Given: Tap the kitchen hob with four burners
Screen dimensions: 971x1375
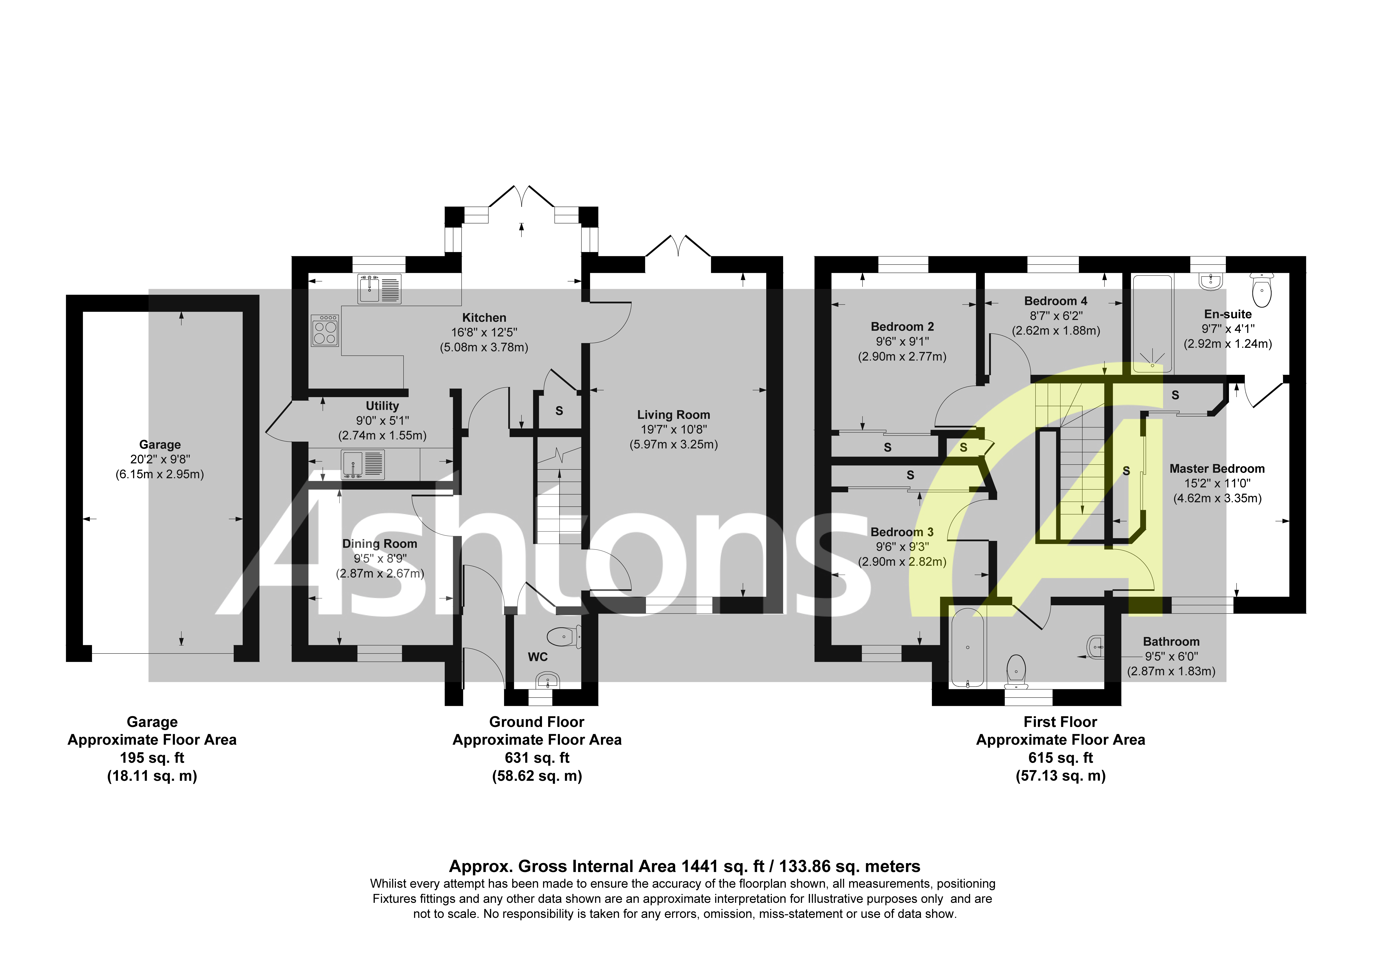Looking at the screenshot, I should (325, 330).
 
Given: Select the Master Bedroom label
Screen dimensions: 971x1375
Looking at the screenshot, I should (1217, 469).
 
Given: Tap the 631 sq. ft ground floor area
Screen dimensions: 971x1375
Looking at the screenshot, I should (537, 758).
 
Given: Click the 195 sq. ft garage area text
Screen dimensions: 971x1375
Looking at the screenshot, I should (152, 758).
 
